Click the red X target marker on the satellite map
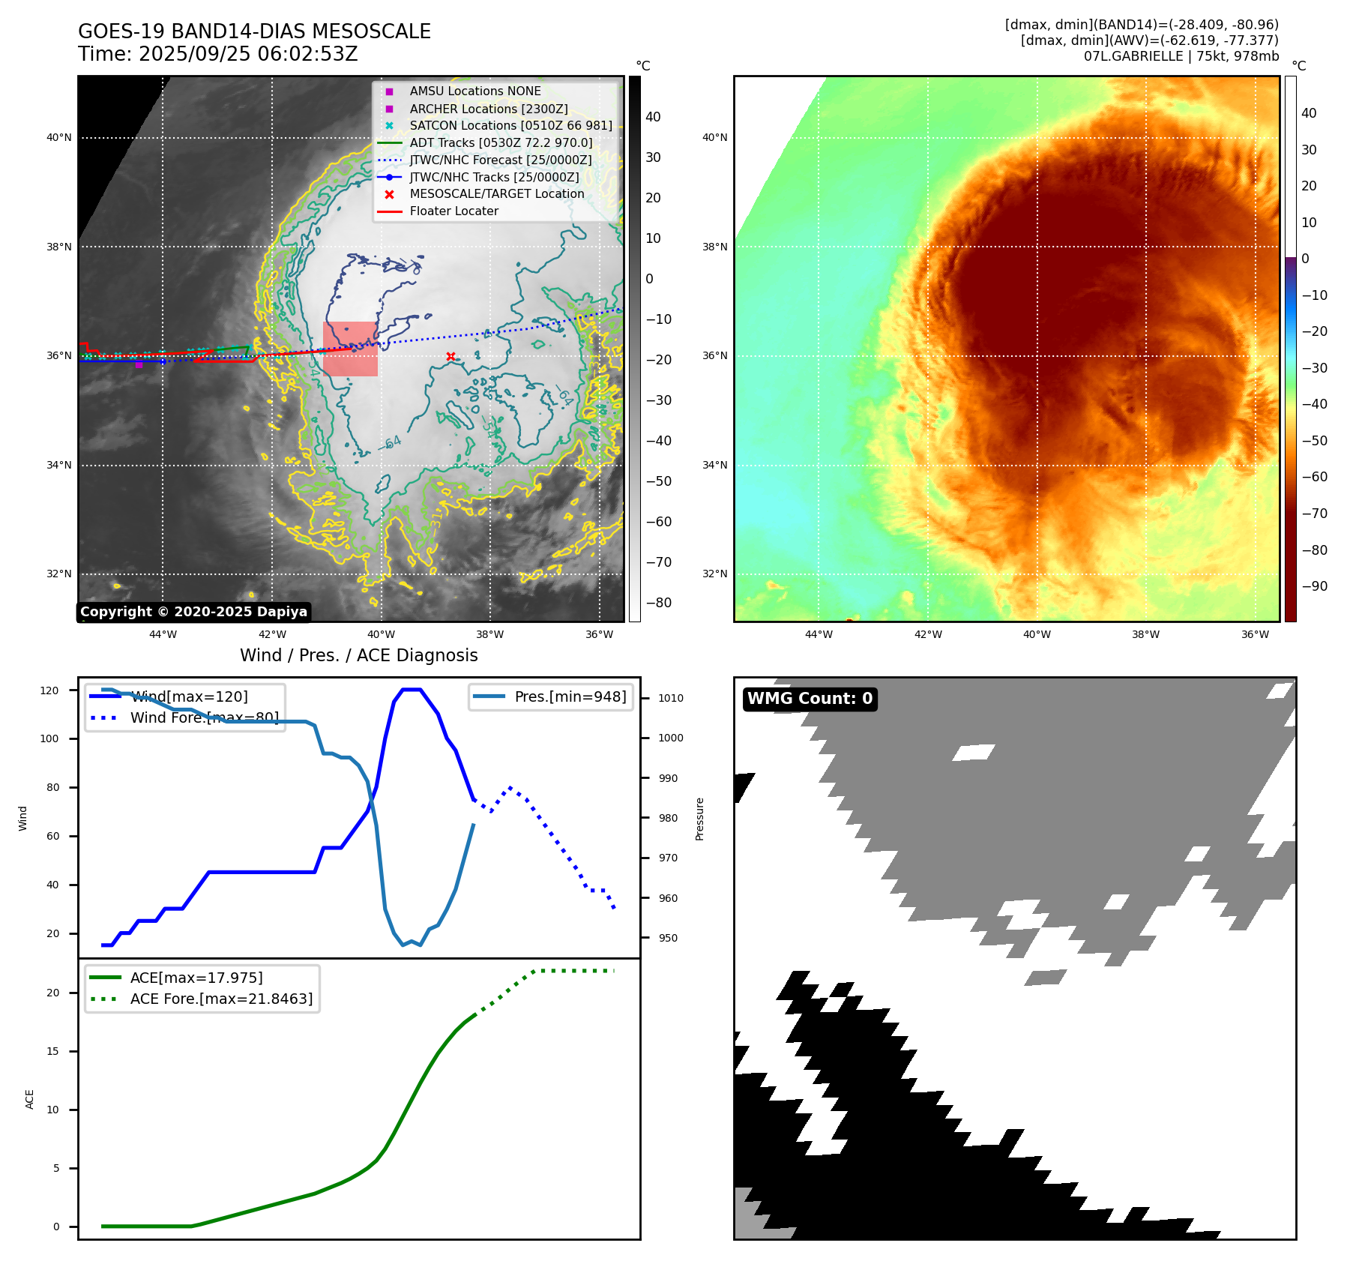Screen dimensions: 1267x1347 coord(450,357)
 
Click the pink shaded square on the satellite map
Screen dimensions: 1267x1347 coord(350,349)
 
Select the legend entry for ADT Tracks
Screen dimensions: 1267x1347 coord(501,142)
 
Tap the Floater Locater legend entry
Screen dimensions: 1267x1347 coord(453,211)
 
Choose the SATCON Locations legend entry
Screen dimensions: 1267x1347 coord(510,125)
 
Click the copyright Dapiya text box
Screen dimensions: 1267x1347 coord(193,612)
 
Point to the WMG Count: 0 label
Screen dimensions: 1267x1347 coord(810,699)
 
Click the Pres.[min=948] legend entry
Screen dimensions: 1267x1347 coord(570,696)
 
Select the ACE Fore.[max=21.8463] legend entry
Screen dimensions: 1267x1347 coord(221,999)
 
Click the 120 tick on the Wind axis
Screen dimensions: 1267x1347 coord(49,690)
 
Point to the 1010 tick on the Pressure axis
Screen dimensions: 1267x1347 coord(671,698)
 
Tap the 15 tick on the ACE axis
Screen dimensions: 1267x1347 coord(52,1051)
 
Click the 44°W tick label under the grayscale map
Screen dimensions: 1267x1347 coord(163,634)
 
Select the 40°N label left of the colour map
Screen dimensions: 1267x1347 coord(714,137)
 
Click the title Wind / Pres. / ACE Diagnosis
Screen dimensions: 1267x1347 coord(358,655)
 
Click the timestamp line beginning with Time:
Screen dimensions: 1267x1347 coord(218,54)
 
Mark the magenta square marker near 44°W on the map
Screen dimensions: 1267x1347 coord(139,365)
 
